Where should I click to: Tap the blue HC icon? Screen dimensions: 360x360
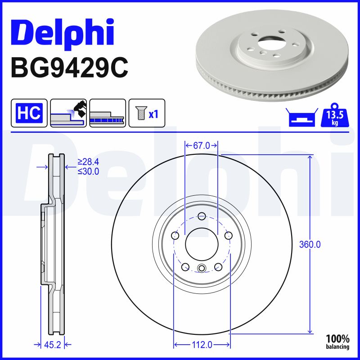[x=29, y=113]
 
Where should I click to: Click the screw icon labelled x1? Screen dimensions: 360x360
[x=147, y=113]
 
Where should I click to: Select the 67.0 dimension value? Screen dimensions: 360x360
[x=202, y=145]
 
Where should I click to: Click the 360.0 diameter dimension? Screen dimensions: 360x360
[x=310, y=245]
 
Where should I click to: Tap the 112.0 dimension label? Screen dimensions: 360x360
[x=201, y=345]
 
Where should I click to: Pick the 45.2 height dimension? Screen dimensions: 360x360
[x=53, y=345]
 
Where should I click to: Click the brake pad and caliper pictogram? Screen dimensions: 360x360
[x=68, y=113]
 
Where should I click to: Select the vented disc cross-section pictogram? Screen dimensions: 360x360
[x=107, y=113]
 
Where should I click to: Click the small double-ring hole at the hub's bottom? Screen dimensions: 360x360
[x=202, y=269]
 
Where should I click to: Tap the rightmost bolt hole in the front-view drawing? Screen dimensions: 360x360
[x=228, y=235]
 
